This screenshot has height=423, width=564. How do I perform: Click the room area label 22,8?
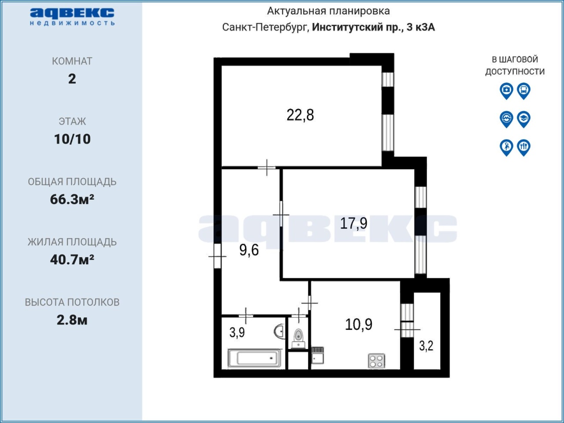point(300,115)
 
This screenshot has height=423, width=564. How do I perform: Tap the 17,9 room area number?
point(353,223)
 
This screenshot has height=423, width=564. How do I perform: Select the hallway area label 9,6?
point(249,250)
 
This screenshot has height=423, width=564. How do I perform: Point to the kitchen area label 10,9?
point(358,324)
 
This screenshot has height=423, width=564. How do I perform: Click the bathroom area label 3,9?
point(237,333)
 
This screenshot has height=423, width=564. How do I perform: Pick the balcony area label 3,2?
point(426,346)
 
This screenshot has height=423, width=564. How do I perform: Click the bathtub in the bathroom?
point(254,358)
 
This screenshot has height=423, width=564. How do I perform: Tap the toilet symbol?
point(298,339)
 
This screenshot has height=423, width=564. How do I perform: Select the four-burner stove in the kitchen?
point(376,361)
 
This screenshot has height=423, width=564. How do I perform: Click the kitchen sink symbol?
point(318,356)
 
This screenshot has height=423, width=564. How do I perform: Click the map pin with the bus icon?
point(523,91)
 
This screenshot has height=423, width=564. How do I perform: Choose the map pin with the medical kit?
point(506,91)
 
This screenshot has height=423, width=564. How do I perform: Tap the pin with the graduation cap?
point(523,120)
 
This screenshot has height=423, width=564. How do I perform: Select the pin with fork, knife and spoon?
point(523,148)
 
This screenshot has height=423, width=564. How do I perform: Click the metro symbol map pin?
point(506,120)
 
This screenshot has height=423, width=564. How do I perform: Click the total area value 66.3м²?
point(72,199)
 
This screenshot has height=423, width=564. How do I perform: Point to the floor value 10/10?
point(72,139)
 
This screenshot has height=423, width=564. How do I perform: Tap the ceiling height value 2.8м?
point(72,320)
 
